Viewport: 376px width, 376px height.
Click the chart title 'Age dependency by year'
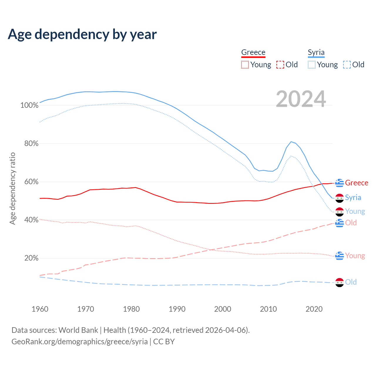(82, 34)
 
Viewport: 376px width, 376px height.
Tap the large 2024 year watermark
(301, 99)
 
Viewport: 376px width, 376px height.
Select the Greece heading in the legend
(253, 52)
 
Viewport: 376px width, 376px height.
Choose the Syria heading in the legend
(316, 52)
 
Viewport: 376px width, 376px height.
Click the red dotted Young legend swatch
(245, 65)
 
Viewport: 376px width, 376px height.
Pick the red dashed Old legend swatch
(280, 65)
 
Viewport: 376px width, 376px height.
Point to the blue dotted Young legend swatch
(312, 65)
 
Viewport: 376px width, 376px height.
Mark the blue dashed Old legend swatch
(347, 65)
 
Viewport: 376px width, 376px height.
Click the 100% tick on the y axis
(29, 105)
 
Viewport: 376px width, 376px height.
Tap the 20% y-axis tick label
(31, 258)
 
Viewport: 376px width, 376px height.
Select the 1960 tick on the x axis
(40, 309)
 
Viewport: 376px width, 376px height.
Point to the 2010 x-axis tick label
(268, 309)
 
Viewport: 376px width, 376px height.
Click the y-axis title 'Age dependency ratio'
(13, 188)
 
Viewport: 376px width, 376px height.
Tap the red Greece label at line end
(357, 183)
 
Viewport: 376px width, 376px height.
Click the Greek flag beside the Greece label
(340, 183)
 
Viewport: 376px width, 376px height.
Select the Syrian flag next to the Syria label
(340, 198)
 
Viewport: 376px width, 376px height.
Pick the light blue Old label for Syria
(351, 282)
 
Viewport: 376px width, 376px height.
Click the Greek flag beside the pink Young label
(340, 256)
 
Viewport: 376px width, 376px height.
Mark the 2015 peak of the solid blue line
(291, 142)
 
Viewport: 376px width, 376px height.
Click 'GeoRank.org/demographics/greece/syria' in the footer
(80, 342)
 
